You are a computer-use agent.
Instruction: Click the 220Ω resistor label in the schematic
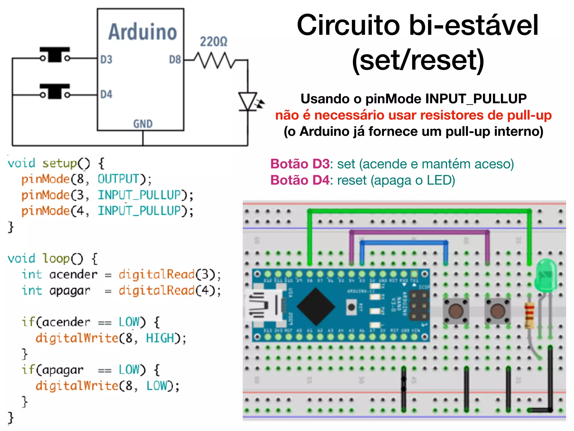click(213, 42)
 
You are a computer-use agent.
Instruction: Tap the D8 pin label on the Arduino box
click(175, 60)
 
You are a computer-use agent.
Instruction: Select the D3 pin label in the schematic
click(106, 60)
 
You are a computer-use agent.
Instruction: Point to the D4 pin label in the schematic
click(106, 95)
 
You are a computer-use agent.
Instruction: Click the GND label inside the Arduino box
click(143, 124)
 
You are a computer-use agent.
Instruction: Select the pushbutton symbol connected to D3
click(55, 54)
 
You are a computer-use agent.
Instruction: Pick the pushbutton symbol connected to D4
click(55, 91)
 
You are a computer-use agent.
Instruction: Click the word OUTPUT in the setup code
click(118, 179)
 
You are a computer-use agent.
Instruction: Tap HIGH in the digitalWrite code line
click(160, 338)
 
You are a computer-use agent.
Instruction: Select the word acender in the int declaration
click(73, 274)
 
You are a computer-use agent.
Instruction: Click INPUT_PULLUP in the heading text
click(476, 99)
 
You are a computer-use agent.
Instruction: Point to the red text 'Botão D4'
click(300, 180)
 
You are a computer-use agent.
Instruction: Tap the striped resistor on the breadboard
click(529, 315)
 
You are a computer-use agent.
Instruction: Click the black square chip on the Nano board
click(316, 307)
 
